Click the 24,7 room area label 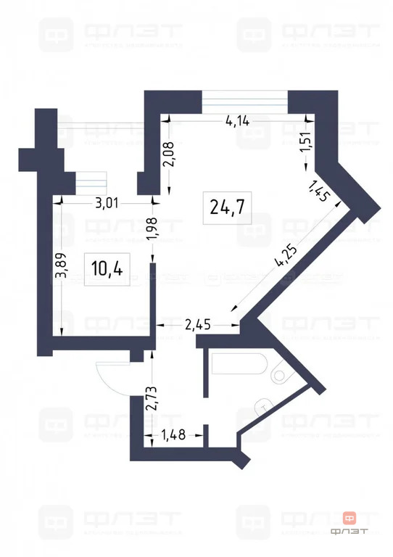pyautogui.click(x=226, y=207)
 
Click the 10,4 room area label pyautogui.click(x=107, y=268)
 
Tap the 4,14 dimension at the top pyautogui.click(x=237, y=121)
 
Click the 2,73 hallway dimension pyautogui.click(x=151, y=398)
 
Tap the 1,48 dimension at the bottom pyautogui.click(x=174, y=436)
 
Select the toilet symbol pyautogui.click(x=279, y=374)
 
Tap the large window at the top pyautogui.click(x=244, y=101)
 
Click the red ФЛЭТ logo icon pyautogui.click(x=350, y=519)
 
